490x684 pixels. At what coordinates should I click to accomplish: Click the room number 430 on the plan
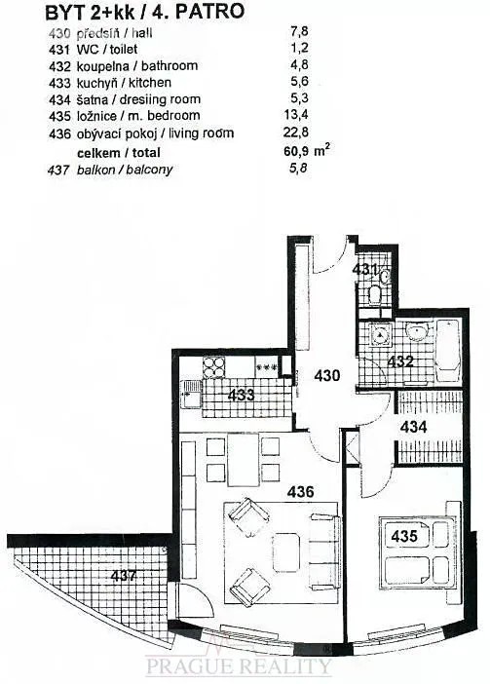point(327,375)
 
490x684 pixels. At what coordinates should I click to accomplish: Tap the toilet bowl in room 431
point(374,295)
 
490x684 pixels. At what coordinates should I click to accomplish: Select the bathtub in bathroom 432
point(448,352)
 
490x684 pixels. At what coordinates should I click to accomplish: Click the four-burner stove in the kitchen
point(213,367)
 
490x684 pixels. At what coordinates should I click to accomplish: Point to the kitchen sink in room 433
point(191,393)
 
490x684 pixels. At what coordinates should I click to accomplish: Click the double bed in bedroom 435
point(417,552)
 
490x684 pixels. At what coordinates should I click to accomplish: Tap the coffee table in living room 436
point(286,552)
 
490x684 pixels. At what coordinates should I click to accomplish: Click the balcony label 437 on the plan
point(124,576)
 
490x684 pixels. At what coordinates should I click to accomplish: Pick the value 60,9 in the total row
point(296,152)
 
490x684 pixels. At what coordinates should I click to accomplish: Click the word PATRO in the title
point(209,12)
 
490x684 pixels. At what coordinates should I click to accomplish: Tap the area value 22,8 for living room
point(296,132)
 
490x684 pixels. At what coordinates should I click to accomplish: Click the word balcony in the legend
point(149,170)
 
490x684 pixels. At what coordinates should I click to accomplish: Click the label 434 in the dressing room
point(413,427)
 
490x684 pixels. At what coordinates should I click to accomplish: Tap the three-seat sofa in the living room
point(324,551)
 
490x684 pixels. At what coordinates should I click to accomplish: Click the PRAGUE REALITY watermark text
point(239,666)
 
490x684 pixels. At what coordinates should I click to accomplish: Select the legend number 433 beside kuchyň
point(59,83)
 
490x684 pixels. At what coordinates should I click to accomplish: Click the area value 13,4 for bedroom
point(296,115)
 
